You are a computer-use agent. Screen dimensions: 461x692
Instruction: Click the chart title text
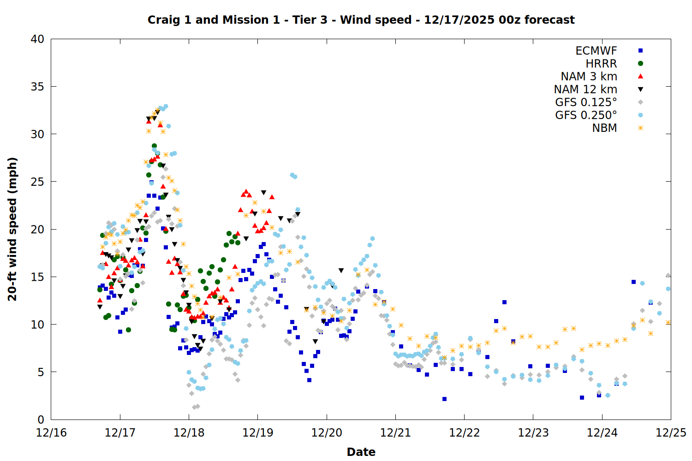point(361,20)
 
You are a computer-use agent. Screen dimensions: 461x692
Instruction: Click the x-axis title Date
point(361,452)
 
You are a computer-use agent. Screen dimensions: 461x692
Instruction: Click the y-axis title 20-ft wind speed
point(12,229)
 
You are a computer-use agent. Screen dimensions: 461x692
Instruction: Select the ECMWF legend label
point(596,51)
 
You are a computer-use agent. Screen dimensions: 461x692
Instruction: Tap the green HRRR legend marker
point(640,64)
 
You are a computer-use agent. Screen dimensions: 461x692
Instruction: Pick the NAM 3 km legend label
point(589,77)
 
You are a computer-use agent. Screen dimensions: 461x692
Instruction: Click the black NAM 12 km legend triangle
point(640,89)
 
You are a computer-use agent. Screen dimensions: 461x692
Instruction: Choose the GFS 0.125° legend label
point(586,102)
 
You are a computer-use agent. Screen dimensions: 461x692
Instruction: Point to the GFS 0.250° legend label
point(586,115)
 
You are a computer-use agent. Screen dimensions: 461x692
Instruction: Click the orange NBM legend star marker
point(640,128)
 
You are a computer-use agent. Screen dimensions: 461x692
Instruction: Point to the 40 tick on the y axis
point(37,39)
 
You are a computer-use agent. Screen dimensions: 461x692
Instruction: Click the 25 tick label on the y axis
point(37,182)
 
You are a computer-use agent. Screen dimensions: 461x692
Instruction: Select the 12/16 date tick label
point(51,433)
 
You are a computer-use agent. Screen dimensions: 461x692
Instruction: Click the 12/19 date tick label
point(257,433)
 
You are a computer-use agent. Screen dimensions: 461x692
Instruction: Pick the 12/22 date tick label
point(464,433)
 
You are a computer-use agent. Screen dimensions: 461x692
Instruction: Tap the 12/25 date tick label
point(671,433)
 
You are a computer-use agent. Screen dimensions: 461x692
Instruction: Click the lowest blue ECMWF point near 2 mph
point(444,399)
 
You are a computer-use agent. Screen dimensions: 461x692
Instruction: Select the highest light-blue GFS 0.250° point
point(166,106)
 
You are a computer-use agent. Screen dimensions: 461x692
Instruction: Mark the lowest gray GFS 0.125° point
point(194,407)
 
